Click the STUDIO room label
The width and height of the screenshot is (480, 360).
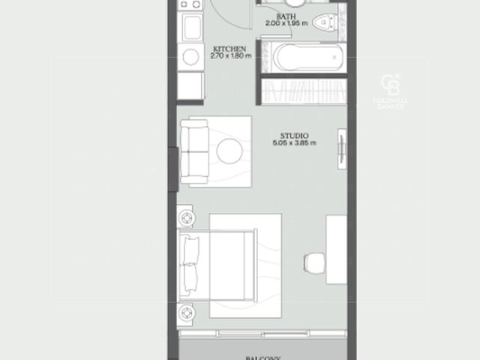coord(294,136)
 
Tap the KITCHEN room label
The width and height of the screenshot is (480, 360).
coord(229,49)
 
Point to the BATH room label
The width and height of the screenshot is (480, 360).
coord(286,16)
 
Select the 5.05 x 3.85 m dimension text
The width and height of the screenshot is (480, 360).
coord(295,143)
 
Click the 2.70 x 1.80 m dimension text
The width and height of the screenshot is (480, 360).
coord(231,55)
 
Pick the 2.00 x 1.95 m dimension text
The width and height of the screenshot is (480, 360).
coord(286,23)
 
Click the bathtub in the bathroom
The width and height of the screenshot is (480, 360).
coord(307,58)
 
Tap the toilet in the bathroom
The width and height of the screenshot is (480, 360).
coord(324,22)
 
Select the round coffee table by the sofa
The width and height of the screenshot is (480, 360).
coord(229,151)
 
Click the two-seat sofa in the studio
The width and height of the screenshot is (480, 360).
coord(195,151)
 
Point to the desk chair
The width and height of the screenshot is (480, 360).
coord(314,263)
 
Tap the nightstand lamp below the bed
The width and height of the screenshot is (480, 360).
coord(186,313)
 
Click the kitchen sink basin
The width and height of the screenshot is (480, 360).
coord(192,27)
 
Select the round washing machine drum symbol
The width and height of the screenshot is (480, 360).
coord(190,57)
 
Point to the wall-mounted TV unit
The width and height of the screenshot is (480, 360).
coord(342,149)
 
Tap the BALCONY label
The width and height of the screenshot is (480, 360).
coord(263,358)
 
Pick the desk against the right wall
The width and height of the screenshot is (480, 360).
coord(337,250)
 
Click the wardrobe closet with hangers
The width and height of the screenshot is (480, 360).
coord(304,91)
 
